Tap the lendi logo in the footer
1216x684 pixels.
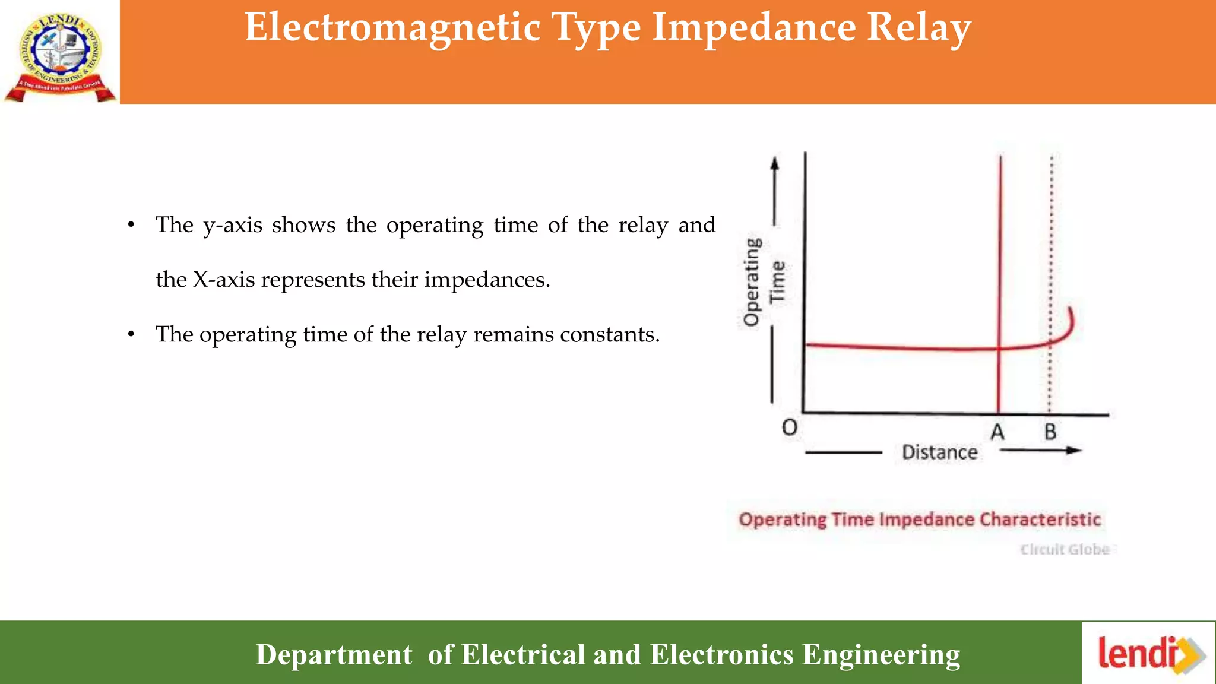tap(1149, 653)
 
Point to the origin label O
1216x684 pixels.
tap(789, 427)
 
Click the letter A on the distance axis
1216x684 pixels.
tap(997, 432)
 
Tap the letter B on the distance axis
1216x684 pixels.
tap(1050, 432)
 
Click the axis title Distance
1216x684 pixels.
tap(939, 452)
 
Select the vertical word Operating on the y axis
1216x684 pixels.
tap(752, 282)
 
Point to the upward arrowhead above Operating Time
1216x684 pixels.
tap(774, 163)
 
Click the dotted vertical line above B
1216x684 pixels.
tap(1051, 249)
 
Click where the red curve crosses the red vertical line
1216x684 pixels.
tap(1000, 349)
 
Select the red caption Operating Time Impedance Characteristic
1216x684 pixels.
tap(919, 520)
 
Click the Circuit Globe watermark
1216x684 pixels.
tap(1065, 550)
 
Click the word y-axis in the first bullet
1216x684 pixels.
tap(233, 226)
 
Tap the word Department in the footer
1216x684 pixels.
tap(334, 654)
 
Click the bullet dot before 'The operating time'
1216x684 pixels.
tap(131, 335)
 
